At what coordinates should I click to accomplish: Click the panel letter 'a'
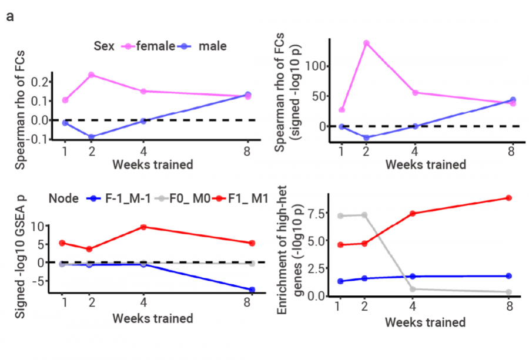(10, 15)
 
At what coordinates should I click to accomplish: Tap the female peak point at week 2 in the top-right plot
(366, 43)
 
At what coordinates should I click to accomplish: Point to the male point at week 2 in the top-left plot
(92, 137)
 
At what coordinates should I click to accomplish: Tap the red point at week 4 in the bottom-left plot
(143, 227)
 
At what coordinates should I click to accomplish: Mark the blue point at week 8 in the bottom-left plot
(252, 290)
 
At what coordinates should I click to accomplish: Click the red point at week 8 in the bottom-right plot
(508, 198)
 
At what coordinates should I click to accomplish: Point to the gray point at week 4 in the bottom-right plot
(414, 289)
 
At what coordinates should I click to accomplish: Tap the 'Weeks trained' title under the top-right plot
(425, 164)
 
